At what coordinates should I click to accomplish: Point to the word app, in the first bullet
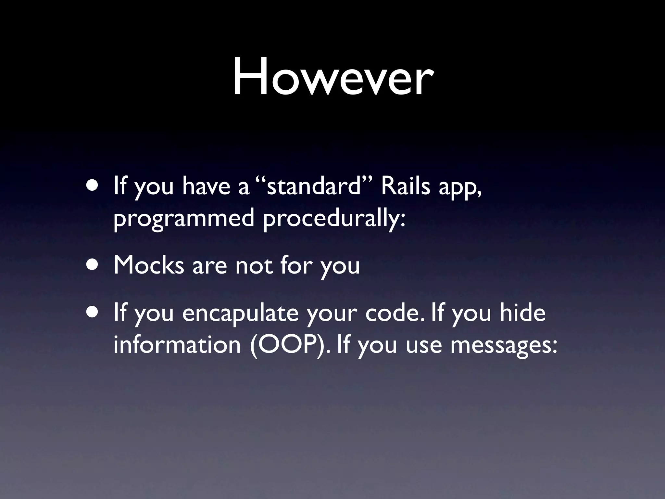point(460,189)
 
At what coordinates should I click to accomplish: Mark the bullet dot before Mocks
point(94,265)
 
